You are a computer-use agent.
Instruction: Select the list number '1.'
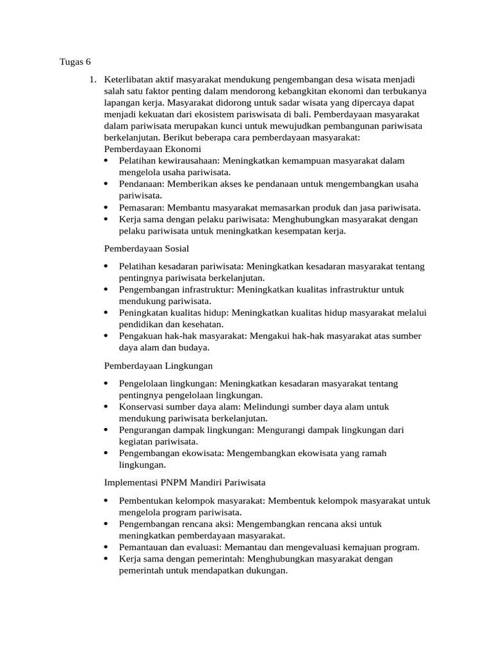point(93,80)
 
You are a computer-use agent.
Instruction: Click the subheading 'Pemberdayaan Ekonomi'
point(152,149)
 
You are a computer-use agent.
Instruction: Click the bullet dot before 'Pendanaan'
point(106,184)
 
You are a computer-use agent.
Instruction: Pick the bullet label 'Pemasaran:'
point(142,207)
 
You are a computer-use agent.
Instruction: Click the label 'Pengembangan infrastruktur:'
point(176,289)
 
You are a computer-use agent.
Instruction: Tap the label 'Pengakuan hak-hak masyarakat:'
point(183,336)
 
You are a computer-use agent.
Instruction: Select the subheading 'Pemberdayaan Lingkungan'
point(158,365)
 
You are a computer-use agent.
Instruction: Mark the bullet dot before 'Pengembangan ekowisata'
point(106,454)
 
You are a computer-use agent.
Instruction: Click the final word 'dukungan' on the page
point(263,570)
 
